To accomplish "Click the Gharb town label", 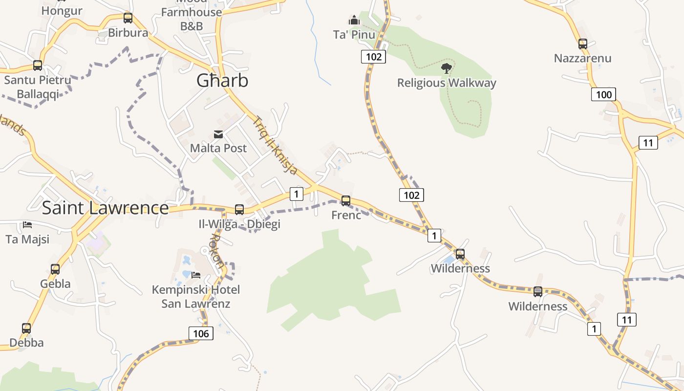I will coord(222,81).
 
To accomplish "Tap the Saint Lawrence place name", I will coord(105,208).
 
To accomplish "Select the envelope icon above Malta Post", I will coord(218,134).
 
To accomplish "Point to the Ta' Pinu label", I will coord(354,34).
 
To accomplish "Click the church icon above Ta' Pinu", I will coord(354,20).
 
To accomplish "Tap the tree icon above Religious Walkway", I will coord(446,68).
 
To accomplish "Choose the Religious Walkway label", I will coord(447,83).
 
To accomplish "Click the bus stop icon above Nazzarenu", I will coord(582,44).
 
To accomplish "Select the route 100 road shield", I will coord(603,94).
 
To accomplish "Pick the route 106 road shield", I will coord(201,334).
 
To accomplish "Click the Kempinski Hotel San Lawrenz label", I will coord(196,297).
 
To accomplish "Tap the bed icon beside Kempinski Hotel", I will coord(196,275).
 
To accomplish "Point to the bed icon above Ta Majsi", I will coord(27,225).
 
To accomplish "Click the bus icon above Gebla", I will coord(55,269).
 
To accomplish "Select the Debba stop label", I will coord(27,343).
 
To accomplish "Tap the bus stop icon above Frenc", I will coord(346,200).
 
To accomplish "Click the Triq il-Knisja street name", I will coord(276,145).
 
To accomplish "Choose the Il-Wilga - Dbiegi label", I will coord(239,224).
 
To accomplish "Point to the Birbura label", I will coord(128,33).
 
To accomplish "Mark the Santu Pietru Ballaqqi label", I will coord(38,87).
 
